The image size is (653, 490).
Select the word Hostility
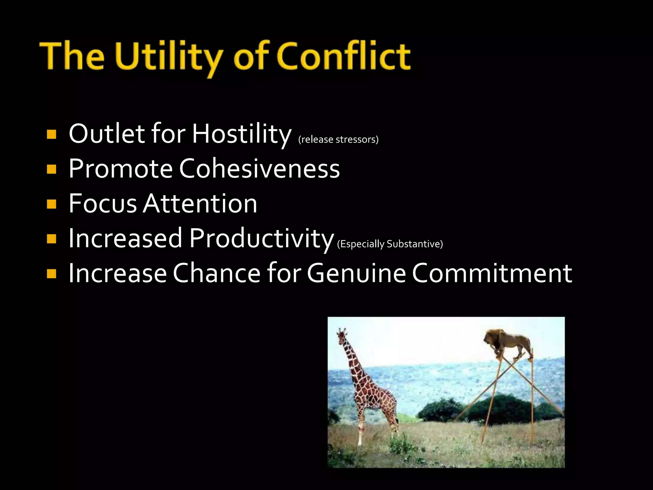pyautogui.click(x=241, y=134)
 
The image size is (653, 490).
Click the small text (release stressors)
pyautogui.click(x=338, y=140)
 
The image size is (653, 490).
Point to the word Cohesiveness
pyautogui.click(x=259, y=168)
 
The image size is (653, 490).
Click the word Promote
pyautogui.click(x=121, y=168)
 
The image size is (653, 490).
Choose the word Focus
pyautogui.click(x=103, y=204)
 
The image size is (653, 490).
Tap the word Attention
pyautogui.click(x=200, y=204)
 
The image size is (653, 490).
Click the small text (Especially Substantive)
pyautogui.click(x=390, y=244)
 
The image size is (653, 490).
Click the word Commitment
pyautogui.click(x=492, y=273)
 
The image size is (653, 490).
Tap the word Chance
pyautogui.click(x=216, y=273)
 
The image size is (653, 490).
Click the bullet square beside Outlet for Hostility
pyautogui.click(x=51, y=134)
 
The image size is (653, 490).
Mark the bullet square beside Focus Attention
pyautogui.click(x=51, y=204)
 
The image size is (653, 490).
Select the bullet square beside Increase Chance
pyautogui.click(x=51, y=274)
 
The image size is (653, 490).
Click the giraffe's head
pyautogui.click(x=342, y=336)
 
